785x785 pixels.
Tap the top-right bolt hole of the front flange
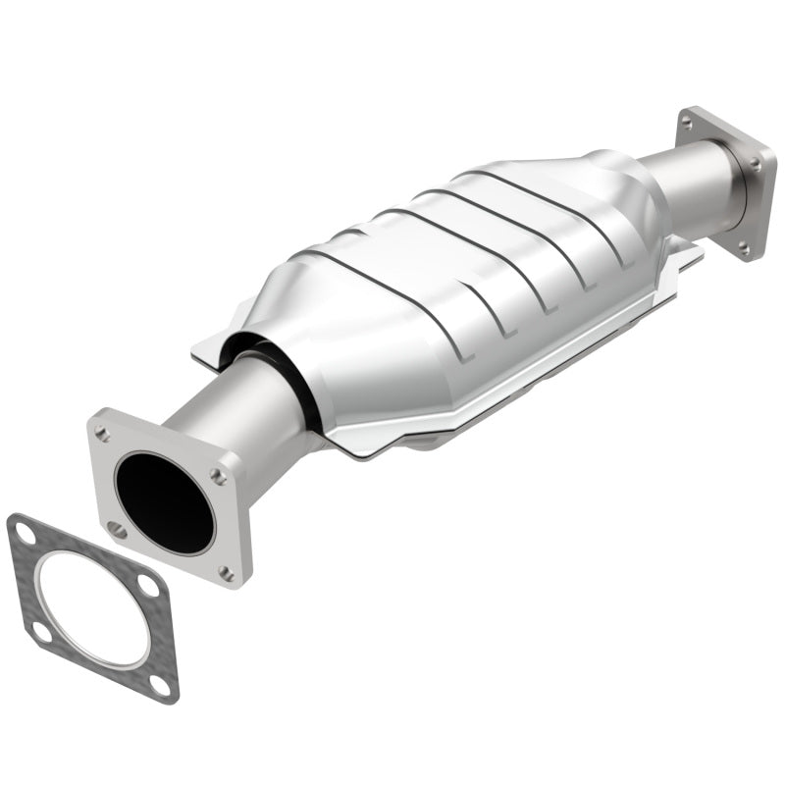click(218, 476)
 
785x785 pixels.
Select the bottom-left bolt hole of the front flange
click(117, 531)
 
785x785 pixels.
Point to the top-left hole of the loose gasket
click(26, 534)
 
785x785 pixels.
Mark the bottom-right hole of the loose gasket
click(160, 681)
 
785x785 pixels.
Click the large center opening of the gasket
click(93, 608)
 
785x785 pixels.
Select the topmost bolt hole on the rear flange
click(687, 122)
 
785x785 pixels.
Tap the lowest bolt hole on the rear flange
click(744, 247)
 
